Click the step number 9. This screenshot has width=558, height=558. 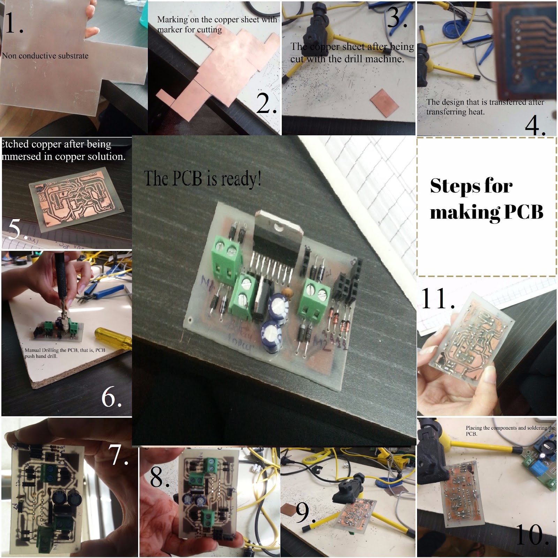point(304,513)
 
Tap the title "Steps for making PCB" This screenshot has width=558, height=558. point(486,199)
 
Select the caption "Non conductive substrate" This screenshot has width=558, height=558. point(45,56)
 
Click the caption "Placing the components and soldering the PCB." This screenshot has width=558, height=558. point(509,430)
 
